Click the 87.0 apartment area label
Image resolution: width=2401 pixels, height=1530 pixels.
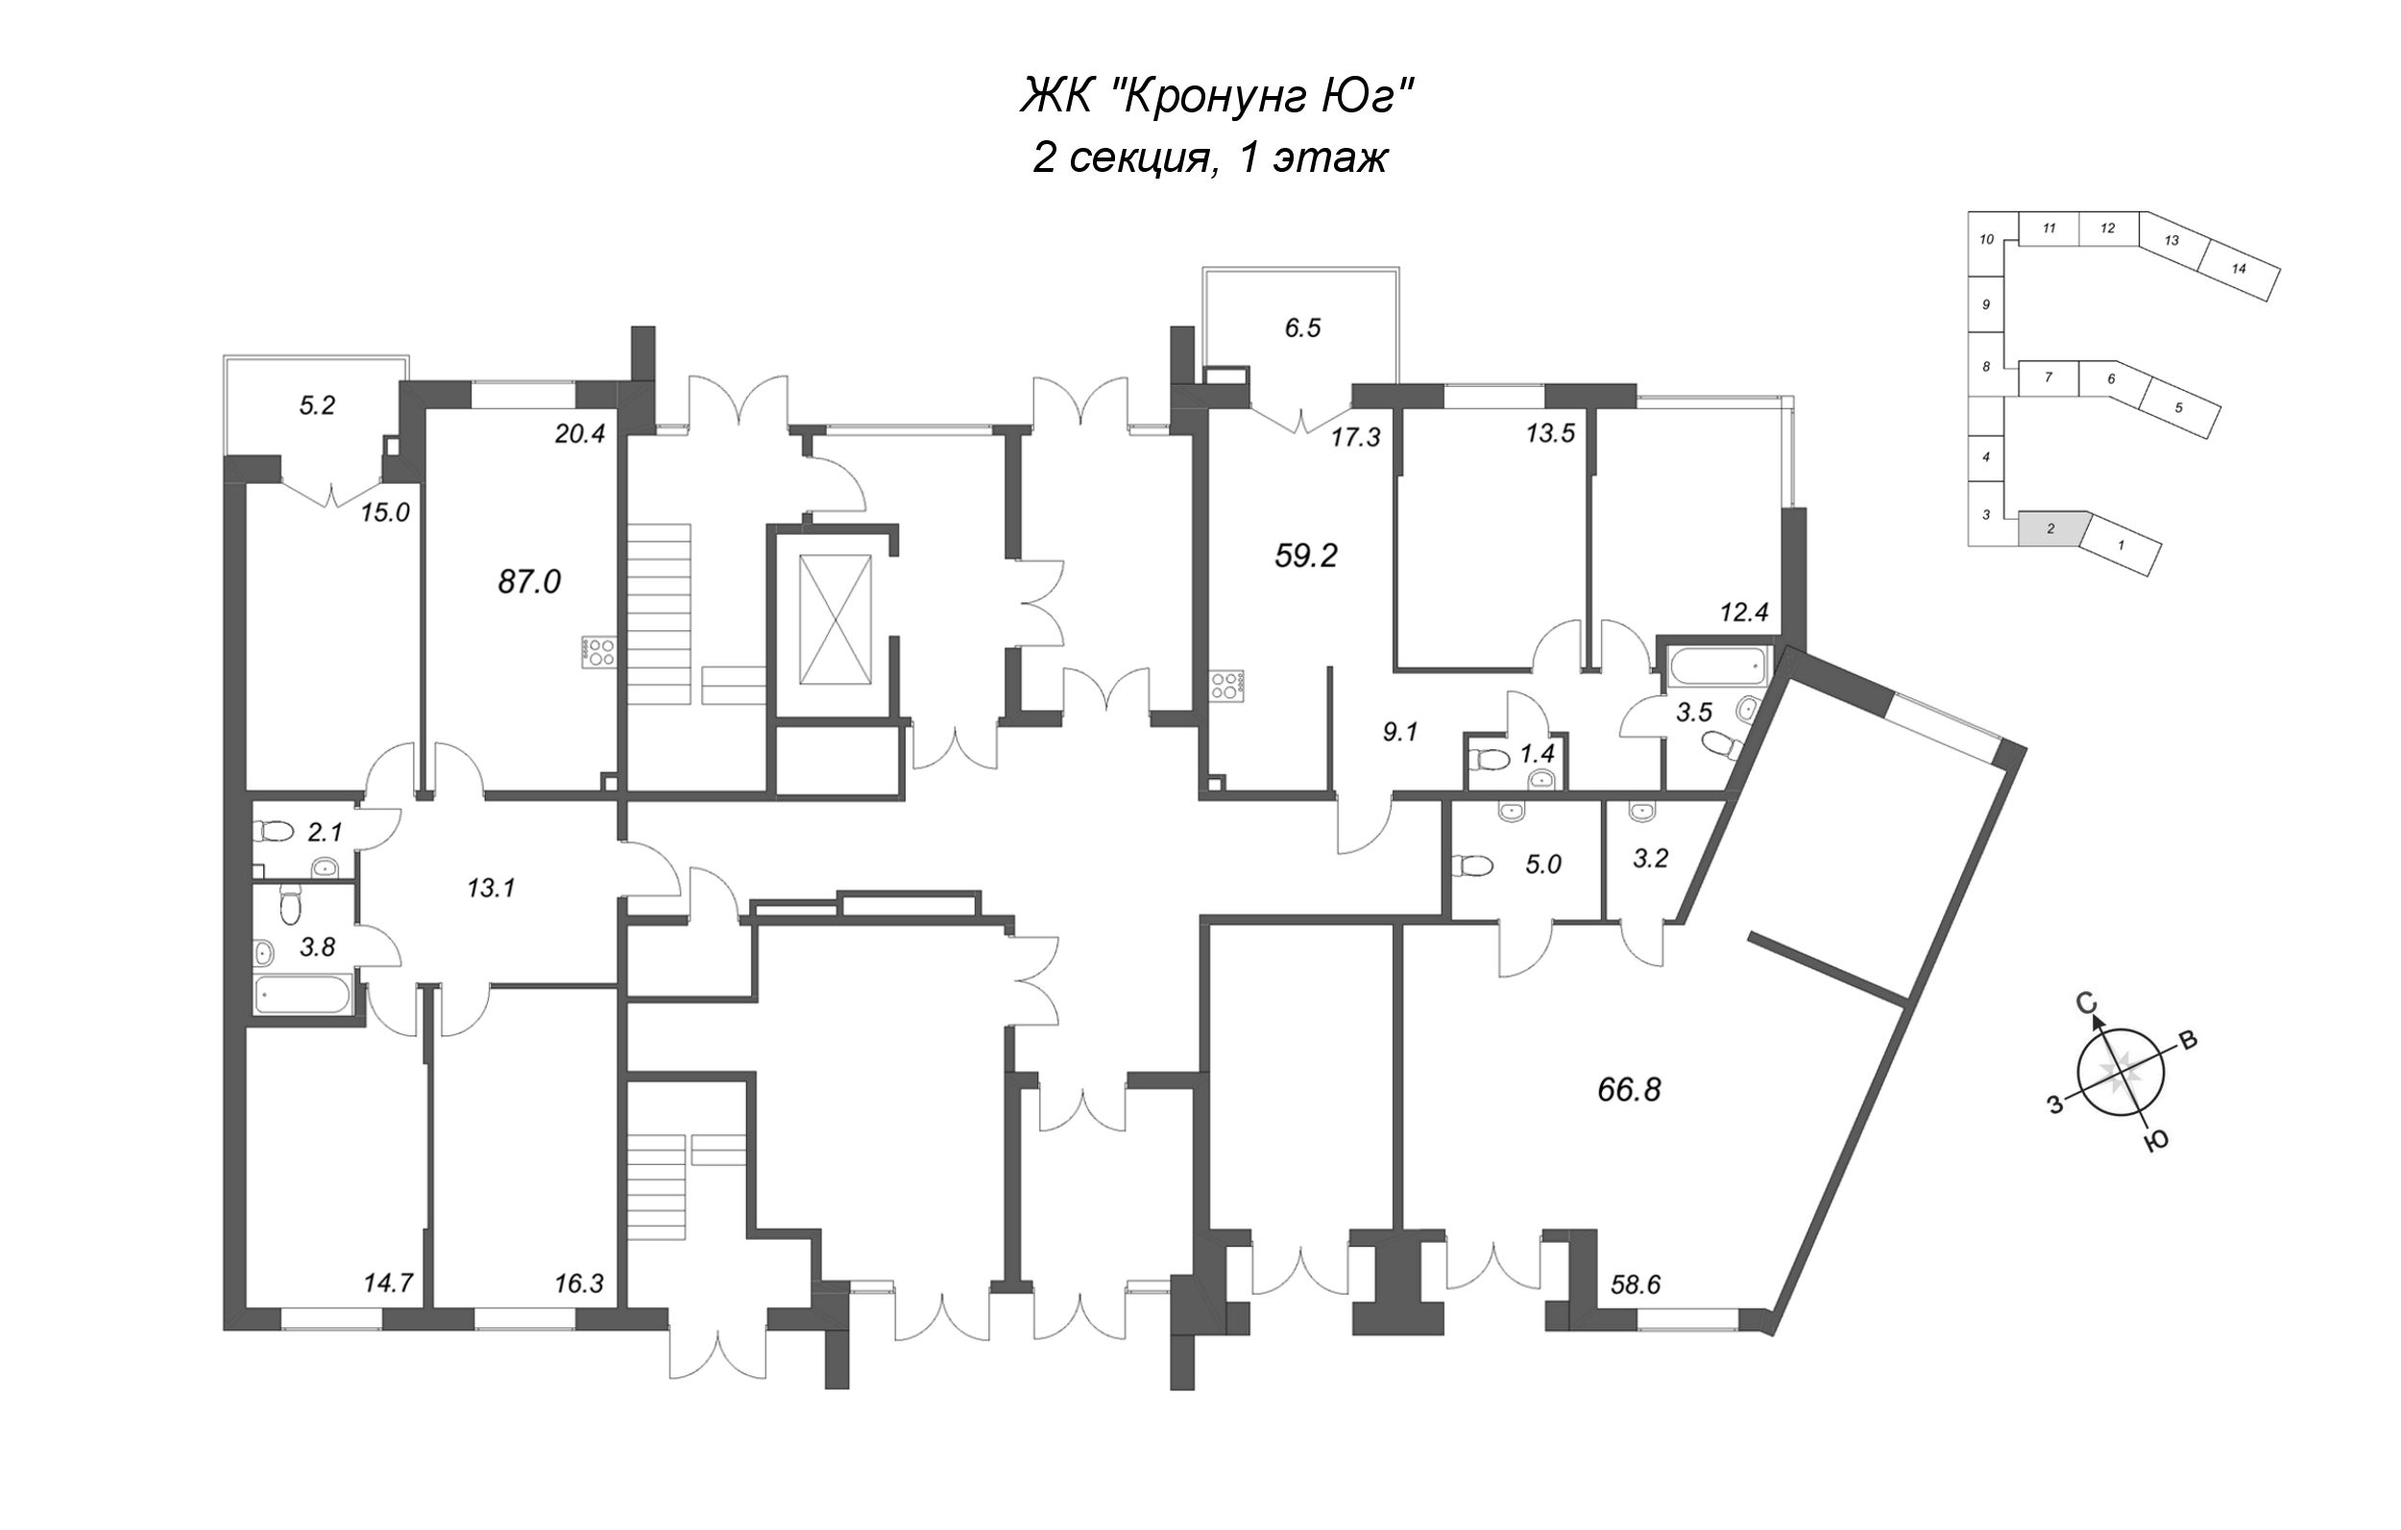click(529, 580)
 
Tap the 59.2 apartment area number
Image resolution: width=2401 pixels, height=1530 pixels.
click(1306, 554)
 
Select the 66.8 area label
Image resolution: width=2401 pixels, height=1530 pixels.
click(1629, 1090)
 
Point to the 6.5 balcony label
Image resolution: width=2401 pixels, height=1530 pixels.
click(1303, 328)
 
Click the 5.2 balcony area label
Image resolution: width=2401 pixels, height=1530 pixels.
click(317, 405)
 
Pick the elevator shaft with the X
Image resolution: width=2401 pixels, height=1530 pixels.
click(836, 620)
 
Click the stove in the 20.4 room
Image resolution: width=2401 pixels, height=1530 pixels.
click(599, 652)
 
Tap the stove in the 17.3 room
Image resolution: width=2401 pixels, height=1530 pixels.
click(1227, 685)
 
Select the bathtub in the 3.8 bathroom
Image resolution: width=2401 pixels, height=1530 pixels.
click(302, 994)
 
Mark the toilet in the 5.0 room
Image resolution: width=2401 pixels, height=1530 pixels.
click(1471, 864)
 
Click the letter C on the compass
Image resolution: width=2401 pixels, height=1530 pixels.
click(2083, 1003)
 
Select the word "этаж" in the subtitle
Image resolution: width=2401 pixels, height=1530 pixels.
click(1331, 158)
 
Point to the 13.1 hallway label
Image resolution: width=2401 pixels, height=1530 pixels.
click(492, 887)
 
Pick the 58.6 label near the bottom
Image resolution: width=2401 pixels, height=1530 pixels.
click(1637, 1286)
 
